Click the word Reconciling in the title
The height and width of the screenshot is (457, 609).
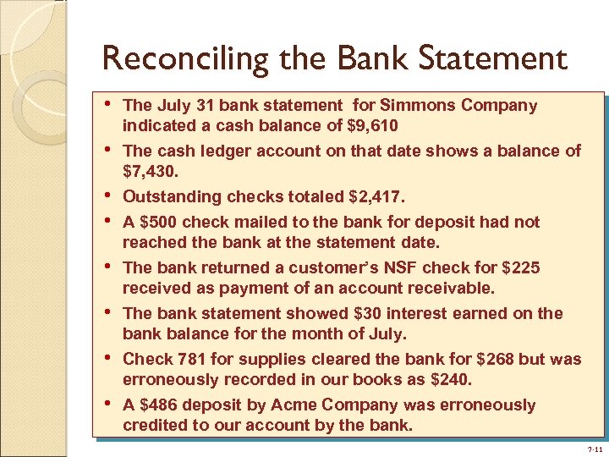(x=173, y=59)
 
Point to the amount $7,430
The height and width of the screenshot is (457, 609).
(x=148, y=172)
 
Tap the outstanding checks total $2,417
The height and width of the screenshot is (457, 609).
(x=377, y=197)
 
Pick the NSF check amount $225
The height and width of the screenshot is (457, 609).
(x=521, y=268)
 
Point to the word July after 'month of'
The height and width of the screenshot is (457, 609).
(x=389, y=334)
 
